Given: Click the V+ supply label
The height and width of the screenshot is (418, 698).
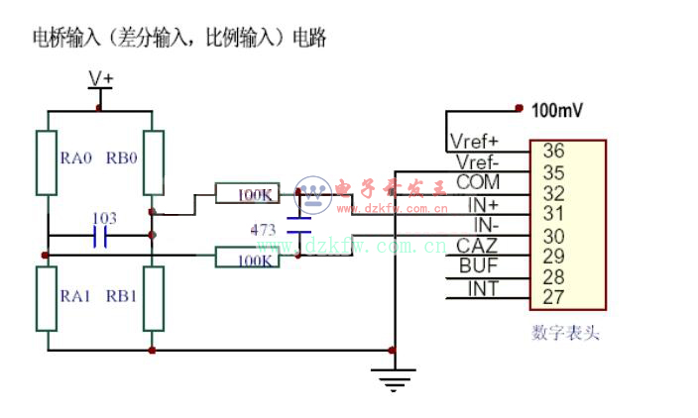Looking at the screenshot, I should [101, 77].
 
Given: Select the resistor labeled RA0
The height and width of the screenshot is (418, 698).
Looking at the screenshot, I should [46, 162].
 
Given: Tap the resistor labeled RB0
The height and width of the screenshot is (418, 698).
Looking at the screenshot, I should [152, 162].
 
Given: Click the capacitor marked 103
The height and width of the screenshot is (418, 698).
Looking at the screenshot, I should [99, 236].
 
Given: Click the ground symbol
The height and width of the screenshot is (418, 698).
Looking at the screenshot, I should [394, 376].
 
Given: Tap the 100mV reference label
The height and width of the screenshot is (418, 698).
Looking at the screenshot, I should [557, 110].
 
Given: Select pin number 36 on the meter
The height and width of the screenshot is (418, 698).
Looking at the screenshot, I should [553, 152].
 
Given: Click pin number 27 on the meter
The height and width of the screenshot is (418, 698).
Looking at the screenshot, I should [553, 296].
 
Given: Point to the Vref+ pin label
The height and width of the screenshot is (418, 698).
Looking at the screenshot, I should [474, 141].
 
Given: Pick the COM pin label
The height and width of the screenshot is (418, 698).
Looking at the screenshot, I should [478, 183].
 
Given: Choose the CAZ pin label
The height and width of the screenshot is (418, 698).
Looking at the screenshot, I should [477, 246].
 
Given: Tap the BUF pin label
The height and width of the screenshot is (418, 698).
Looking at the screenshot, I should [478, 265].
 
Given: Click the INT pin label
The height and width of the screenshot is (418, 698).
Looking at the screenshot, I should [483, 287].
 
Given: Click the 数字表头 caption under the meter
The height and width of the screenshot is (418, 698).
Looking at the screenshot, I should [565, 334].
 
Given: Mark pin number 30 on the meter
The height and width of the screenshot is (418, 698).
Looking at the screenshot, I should [553, 235].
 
